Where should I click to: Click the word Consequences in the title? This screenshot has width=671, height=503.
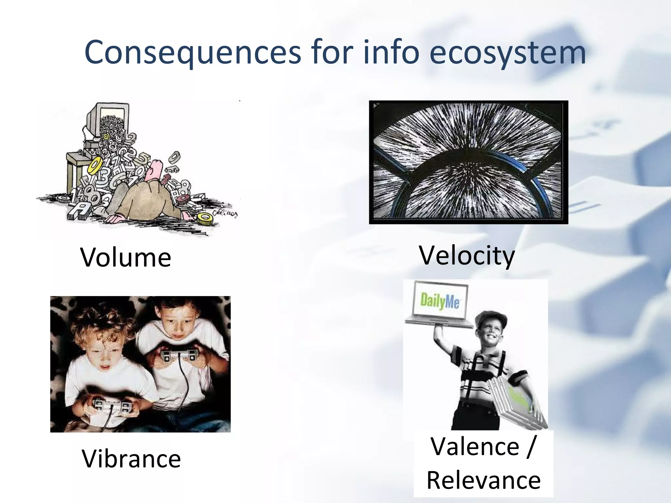coord(193,52)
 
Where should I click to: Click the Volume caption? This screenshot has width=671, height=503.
coord(125,257)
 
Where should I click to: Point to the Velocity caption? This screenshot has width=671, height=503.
coord(467,255)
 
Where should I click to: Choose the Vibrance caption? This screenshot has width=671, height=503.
coord(131,458)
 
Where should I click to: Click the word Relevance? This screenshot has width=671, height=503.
coord(484,480)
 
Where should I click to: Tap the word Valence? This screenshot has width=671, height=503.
coord(475,446)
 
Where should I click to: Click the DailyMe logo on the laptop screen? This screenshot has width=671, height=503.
coord(440,301)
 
